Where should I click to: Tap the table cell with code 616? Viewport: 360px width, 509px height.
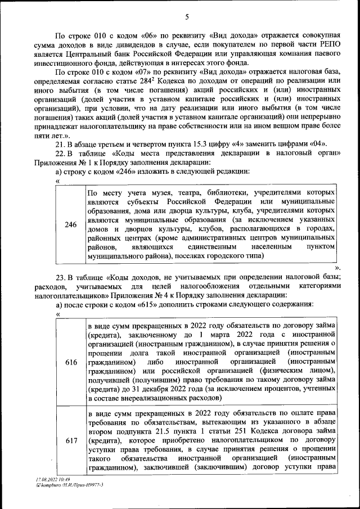point(71,363)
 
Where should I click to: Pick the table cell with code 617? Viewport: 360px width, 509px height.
point(71,441)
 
